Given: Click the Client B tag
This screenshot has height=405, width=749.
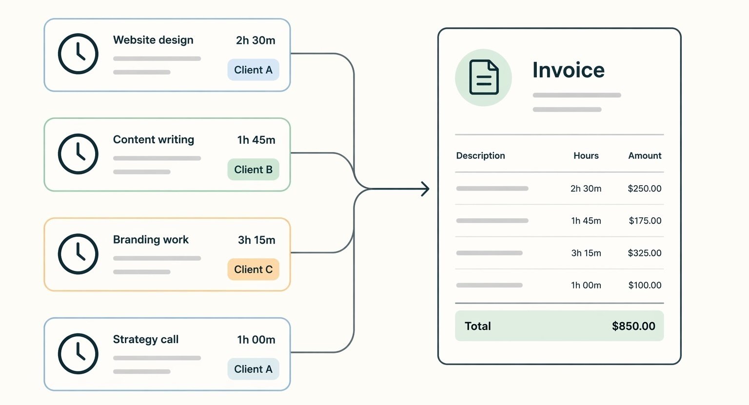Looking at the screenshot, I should (253, 170).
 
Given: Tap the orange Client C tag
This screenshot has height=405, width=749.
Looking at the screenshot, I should (253, 270).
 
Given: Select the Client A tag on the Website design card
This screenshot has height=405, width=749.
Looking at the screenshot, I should (253, 70).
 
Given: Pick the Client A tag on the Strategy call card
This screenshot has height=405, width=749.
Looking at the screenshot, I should (253, 369).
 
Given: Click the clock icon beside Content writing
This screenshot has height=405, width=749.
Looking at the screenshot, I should (78, 154).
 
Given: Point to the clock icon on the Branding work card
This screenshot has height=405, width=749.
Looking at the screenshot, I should (78, 254).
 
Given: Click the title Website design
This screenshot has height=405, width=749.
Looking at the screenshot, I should (153, 40).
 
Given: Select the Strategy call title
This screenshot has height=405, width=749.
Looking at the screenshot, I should (145, 339).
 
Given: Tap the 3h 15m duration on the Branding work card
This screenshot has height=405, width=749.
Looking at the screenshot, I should (256, 240).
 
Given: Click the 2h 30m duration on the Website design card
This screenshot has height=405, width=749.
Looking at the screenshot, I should (256, 40).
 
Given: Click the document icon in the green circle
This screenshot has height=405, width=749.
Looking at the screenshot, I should (483, 77).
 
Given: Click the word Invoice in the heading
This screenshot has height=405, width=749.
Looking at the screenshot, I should (568, 70).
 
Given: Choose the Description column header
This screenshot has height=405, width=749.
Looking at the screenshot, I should (480, 155).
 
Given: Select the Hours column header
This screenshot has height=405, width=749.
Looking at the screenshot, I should (586, 155).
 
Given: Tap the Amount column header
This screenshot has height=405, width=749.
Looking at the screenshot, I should (645, 155).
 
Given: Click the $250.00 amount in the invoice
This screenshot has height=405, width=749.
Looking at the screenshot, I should (644, 189).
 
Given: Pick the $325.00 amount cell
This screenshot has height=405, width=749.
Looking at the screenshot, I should (644, 253).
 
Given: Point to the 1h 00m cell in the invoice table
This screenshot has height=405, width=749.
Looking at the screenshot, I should (586, 285).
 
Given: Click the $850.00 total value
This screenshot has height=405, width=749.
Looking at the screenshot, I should (633, 326).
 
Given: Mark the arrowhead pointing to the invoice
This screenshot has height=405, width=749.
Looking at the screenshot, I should (426, 189).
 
